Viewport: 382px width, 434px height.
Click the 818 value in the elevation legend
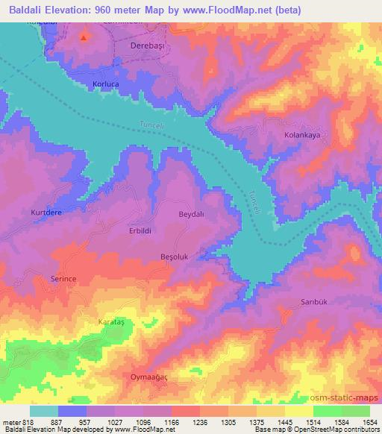[x=27, y=422]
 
